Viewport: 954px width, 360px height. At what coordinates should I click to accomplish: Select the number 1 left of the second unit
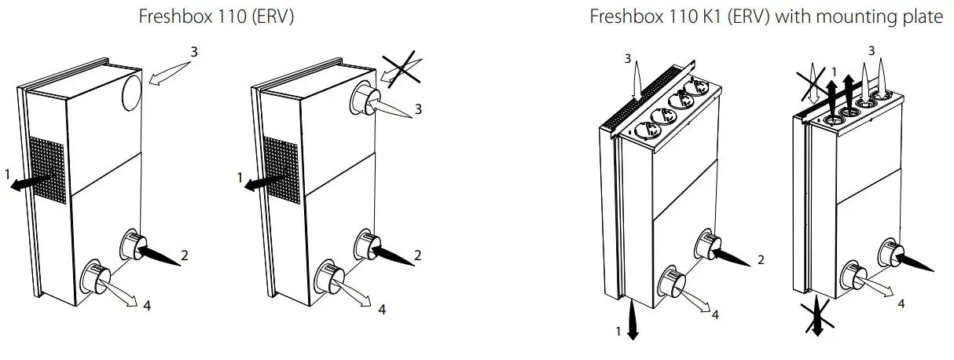click(x=240, y=178)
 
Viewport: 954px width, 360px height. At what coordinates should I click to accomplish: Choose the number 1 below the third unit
click(x=618, y=332)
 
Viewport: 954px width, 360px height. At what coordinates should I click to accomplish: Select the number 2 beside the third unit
click(x=761, y=260)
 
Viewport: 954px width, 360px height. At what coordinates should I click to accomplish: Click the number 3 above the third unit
click(x=627, y=58)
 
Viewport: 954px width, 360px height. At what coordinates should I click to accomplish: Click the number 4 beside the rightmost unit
click(x=901, y=303)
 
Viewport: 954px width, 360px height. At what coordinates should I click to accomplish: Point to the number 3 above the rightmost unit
click(x=870, y=50)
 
